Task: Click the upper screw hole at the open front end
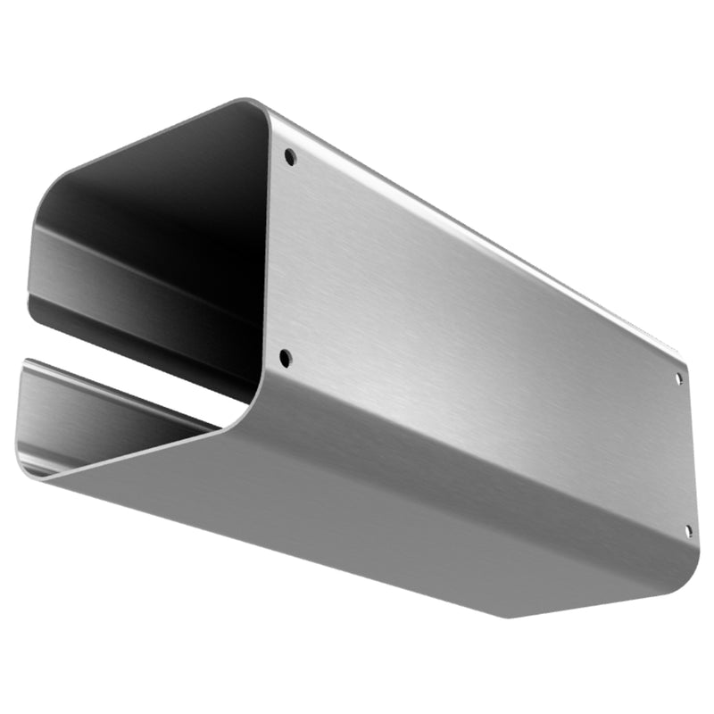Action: (x=289, y=157)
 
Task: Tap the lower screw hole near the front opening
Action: (x=285, y=358)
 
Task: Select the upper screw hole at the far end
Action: (x=678, y=378)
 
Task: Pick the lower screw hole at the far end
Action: (x=687, y=530)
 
